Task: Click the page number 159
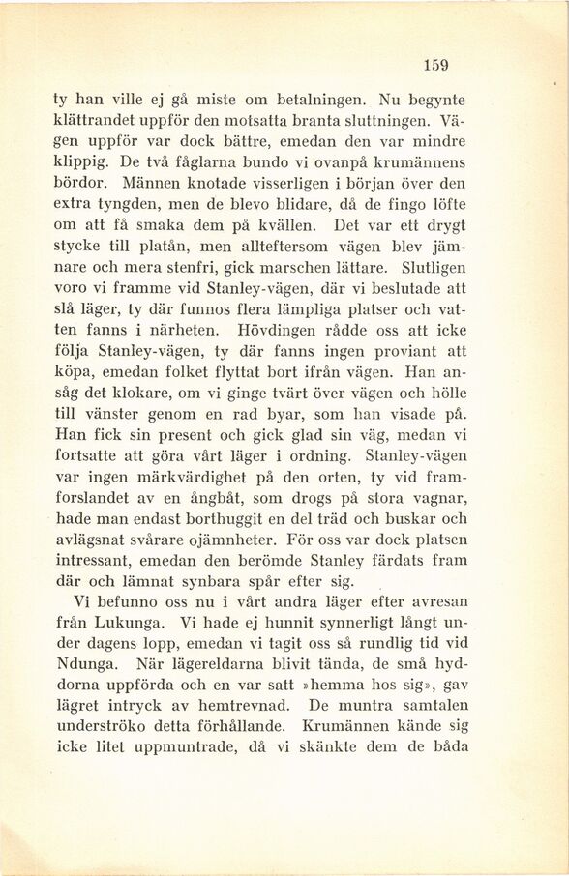coord(435,66)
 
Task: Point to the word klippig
coord(81,162)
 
